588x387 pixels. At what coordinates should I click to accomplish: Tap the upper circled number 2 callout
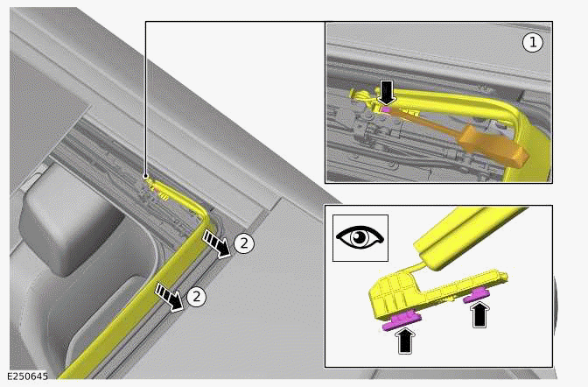point(244,243)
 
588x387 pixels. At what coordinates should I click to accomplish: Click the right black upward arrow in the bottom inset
point(479,313)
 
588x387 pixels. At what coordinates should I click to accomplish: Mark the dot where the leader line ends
point(145,176)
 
